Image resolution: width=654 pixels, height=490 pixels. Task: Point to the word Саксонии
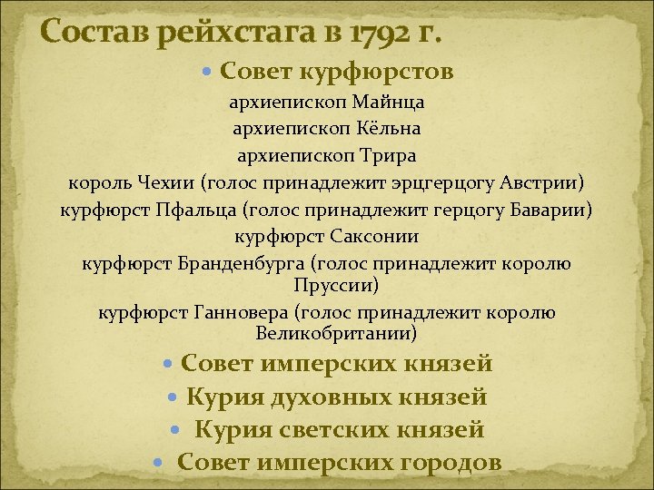coord(372,238)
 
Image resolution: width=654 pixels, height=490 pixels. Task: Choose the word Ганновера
coord(240,313)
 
